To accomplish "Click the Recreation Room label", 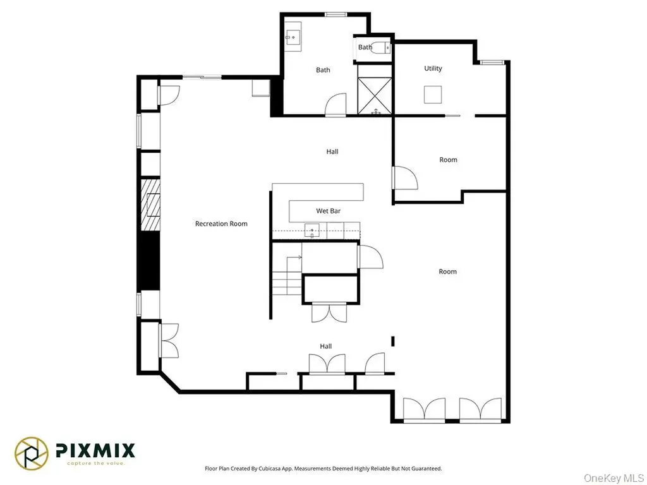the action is pos(221,224).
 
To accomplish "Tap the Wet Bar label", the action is pos(329,211).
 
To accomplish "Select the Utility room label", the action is pos(433,68).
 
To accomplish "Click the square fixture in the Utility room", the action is pos(433,95).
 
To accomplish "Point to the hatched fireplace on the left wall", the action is pos(150,205).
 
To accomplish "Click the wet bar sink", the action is pos(312,230).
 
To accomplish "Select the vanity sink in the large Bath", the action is pos(293,37).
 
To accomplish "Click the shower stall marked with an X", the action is pos(375,96).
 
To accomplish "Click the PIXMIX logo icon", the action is pos(32,453).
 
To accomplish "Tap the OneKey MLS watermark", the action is pos(613,477).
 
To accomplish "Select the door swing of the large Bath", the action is pos(336,105).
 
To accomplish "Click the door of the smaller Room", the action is pos(405,177).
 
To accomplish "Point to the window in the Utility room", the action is pos(492,63).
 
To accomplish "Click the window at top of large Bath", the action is pos(336,15).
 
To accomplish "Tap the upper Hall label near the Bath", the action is pos(332,152).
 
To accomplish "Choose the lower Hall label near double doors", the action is pos(325,346).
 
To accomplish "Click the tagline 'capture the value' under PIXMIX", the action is pos(96,463).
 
